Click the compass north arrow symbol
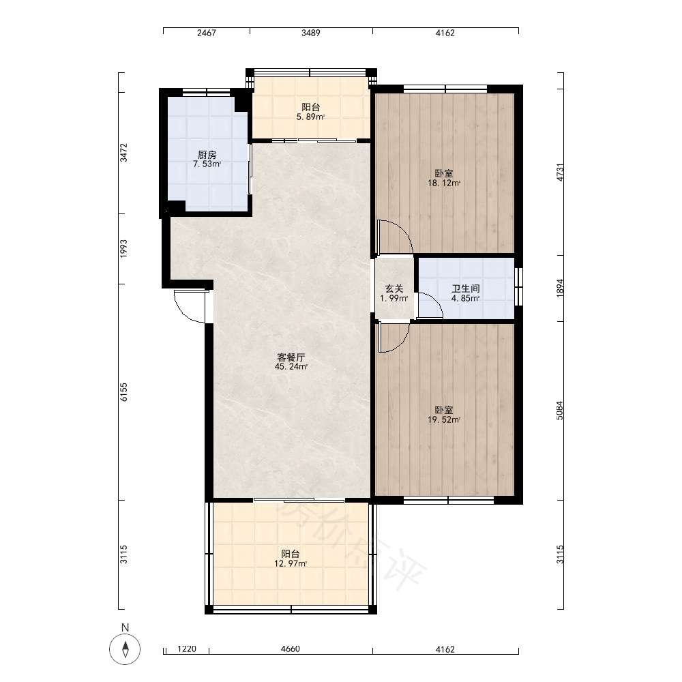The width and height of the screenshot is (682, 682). [x=125, y=649]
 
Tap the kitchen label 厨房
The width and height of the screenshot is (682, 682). [x=207, y=155]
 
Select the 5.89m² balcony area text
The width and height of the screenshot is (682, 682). [x=310, y=117]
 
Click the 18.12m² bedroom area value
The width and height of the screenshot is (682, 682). [x=444, y=183]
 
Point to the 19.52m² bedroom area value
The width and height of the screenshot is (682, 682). [x=444, y=419]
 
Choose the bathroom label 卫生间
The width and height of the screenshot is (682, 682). [x=465, y=288]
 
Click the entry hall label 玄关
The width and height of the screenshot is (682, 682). [x=394, y=288]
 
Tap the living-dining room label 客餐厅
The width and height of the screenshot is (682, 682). [x=291, y=357]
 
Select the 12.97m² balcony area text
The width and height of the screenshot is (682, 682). [x=291, y=564]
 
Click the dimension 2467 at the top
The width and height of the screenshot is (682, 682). [x=207, y=33]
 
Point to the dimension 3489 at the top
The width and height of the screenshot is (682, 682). [x=311, y=33]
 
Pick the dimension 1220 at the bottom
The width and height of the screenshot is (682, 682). [x=187, y=649]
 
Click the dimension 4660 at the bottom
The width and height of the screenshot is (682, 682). [x=291, y=649]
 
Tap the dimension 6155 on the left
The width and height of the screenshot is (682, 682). [x=124, y=392]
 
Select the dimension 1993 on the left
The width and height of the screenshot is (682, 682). [x=124, y=249]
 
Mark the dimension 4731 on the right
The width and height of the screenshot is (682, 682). [x=560, y=173]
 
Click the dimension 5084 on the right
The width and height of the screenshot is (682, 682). [x=560, y=411]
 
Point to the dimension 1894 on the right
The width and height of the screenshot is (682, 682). [x=560, y=288]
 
